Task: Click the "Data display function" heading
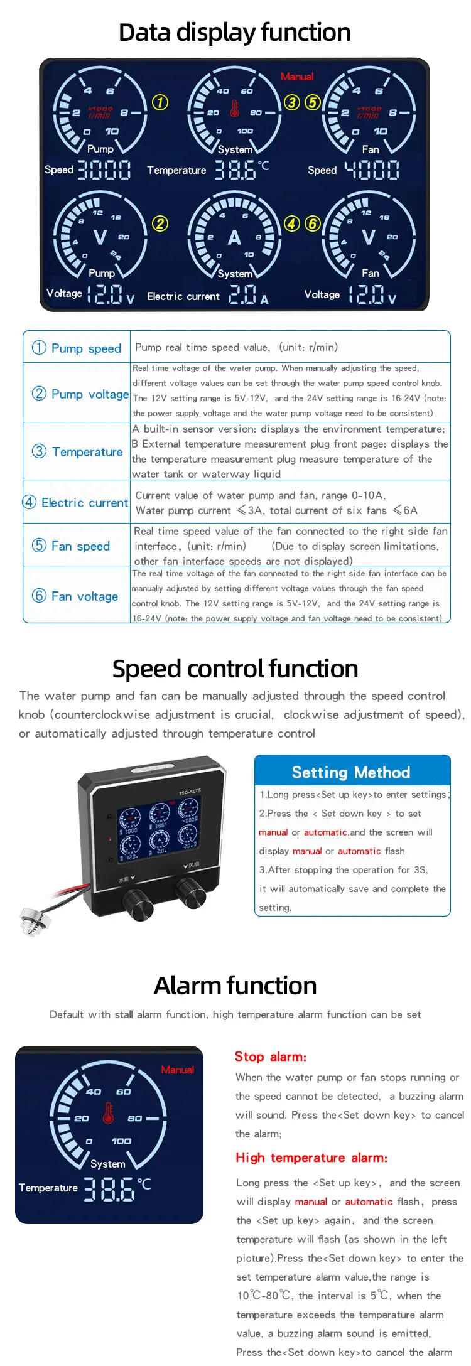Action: point(235,33)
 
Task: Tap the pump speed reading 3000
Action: point(104,170)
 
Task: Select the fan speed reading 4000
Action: point(372,170)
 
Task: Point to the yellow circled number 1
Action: point(160,102)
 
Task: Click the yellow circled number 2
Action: point(160,223)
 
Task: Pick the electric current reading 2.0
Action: point(243,295)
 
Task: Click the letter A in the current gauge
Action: point(234,238)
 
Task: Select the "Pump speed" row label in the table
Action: point(77,348)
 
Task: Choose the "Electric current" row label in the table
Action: point(76,502)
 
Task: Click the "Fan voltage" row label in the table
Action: point(75,596)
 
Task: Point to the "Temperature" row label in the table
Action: point(78,451)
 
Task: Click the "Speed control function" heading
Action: point(235,669)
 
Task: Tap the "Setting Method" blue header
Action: point(352,772)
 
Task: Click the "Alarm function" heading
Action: point(235,986)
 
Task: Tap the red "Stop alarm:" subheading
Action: point(271,1057)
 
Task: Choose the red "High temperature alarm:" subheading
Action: point(311,1158)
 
